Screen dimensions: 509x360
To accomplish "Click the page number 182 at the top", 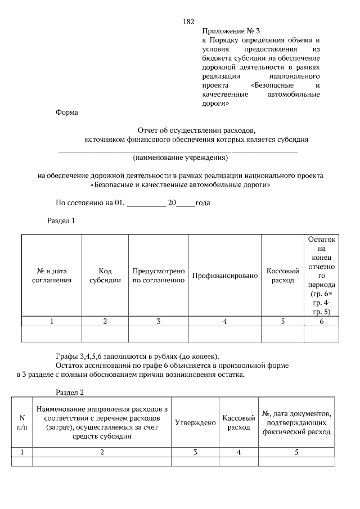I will pyautogui.click(x=188, y=21).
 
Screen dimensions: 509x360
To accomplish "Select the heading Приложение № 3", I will pyautogui.click(x=231, y=31).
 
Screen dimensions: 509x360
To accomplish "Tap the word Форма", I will pyautogui.click(x=67, y=112).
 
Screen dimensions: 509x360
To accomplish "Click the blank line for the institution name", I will pyautogui.click(x=178, y=150).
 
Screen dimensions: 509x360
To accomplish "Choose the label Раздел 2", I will pyautogui.click(x=70, y=391).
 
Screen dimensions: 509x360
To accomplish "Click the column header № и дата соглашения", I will pyautogui.click(x=51, y=275).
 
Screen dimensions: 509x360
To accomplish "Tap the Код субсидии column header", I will pyautogui.click(x=105, y=275).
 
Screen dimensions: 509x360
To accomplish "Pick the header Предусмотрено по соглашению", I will pyautogui.click(x=159, y=275).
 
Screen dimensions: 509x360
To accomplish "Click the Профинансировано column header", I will pyautogui.click(x=224, y=276).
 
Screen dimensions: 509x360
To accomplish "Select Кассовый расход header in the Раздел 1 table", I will pyautogui.click(x=282, y=275).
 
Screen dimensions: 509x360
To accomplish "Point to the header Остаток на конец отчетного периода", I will pyautogui.click(x=321, y=275).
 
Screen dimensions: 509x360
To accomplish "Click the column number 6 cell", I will pyautogui.click(x=321, y=322).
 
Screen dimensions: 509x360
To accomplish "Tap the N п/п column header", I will pyautogui.click(x=22, y=422).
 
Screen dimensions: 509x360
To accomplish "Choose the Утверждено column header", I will pyautogui.click(x=195, y=422).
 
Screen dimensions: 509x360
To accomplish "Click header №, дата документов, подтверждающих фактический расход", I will pyautogui.click(x=296, y=422).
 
